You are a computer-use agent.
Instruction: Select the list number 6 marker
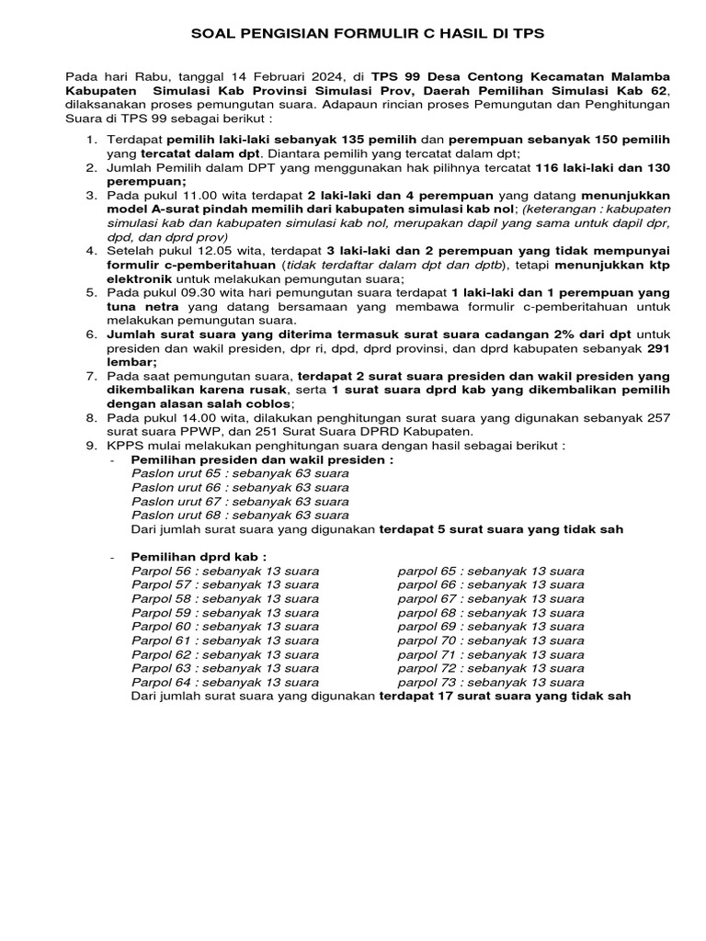point(91,335)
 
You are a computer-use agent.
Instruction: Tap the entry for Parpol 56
point(225,571)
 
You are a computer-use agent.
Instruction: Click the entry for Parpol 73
point(490,682)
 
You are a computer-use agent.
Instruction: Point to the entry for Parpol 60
point(225,627)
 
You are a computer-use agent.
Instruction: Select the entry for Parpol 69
point(490,627)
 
